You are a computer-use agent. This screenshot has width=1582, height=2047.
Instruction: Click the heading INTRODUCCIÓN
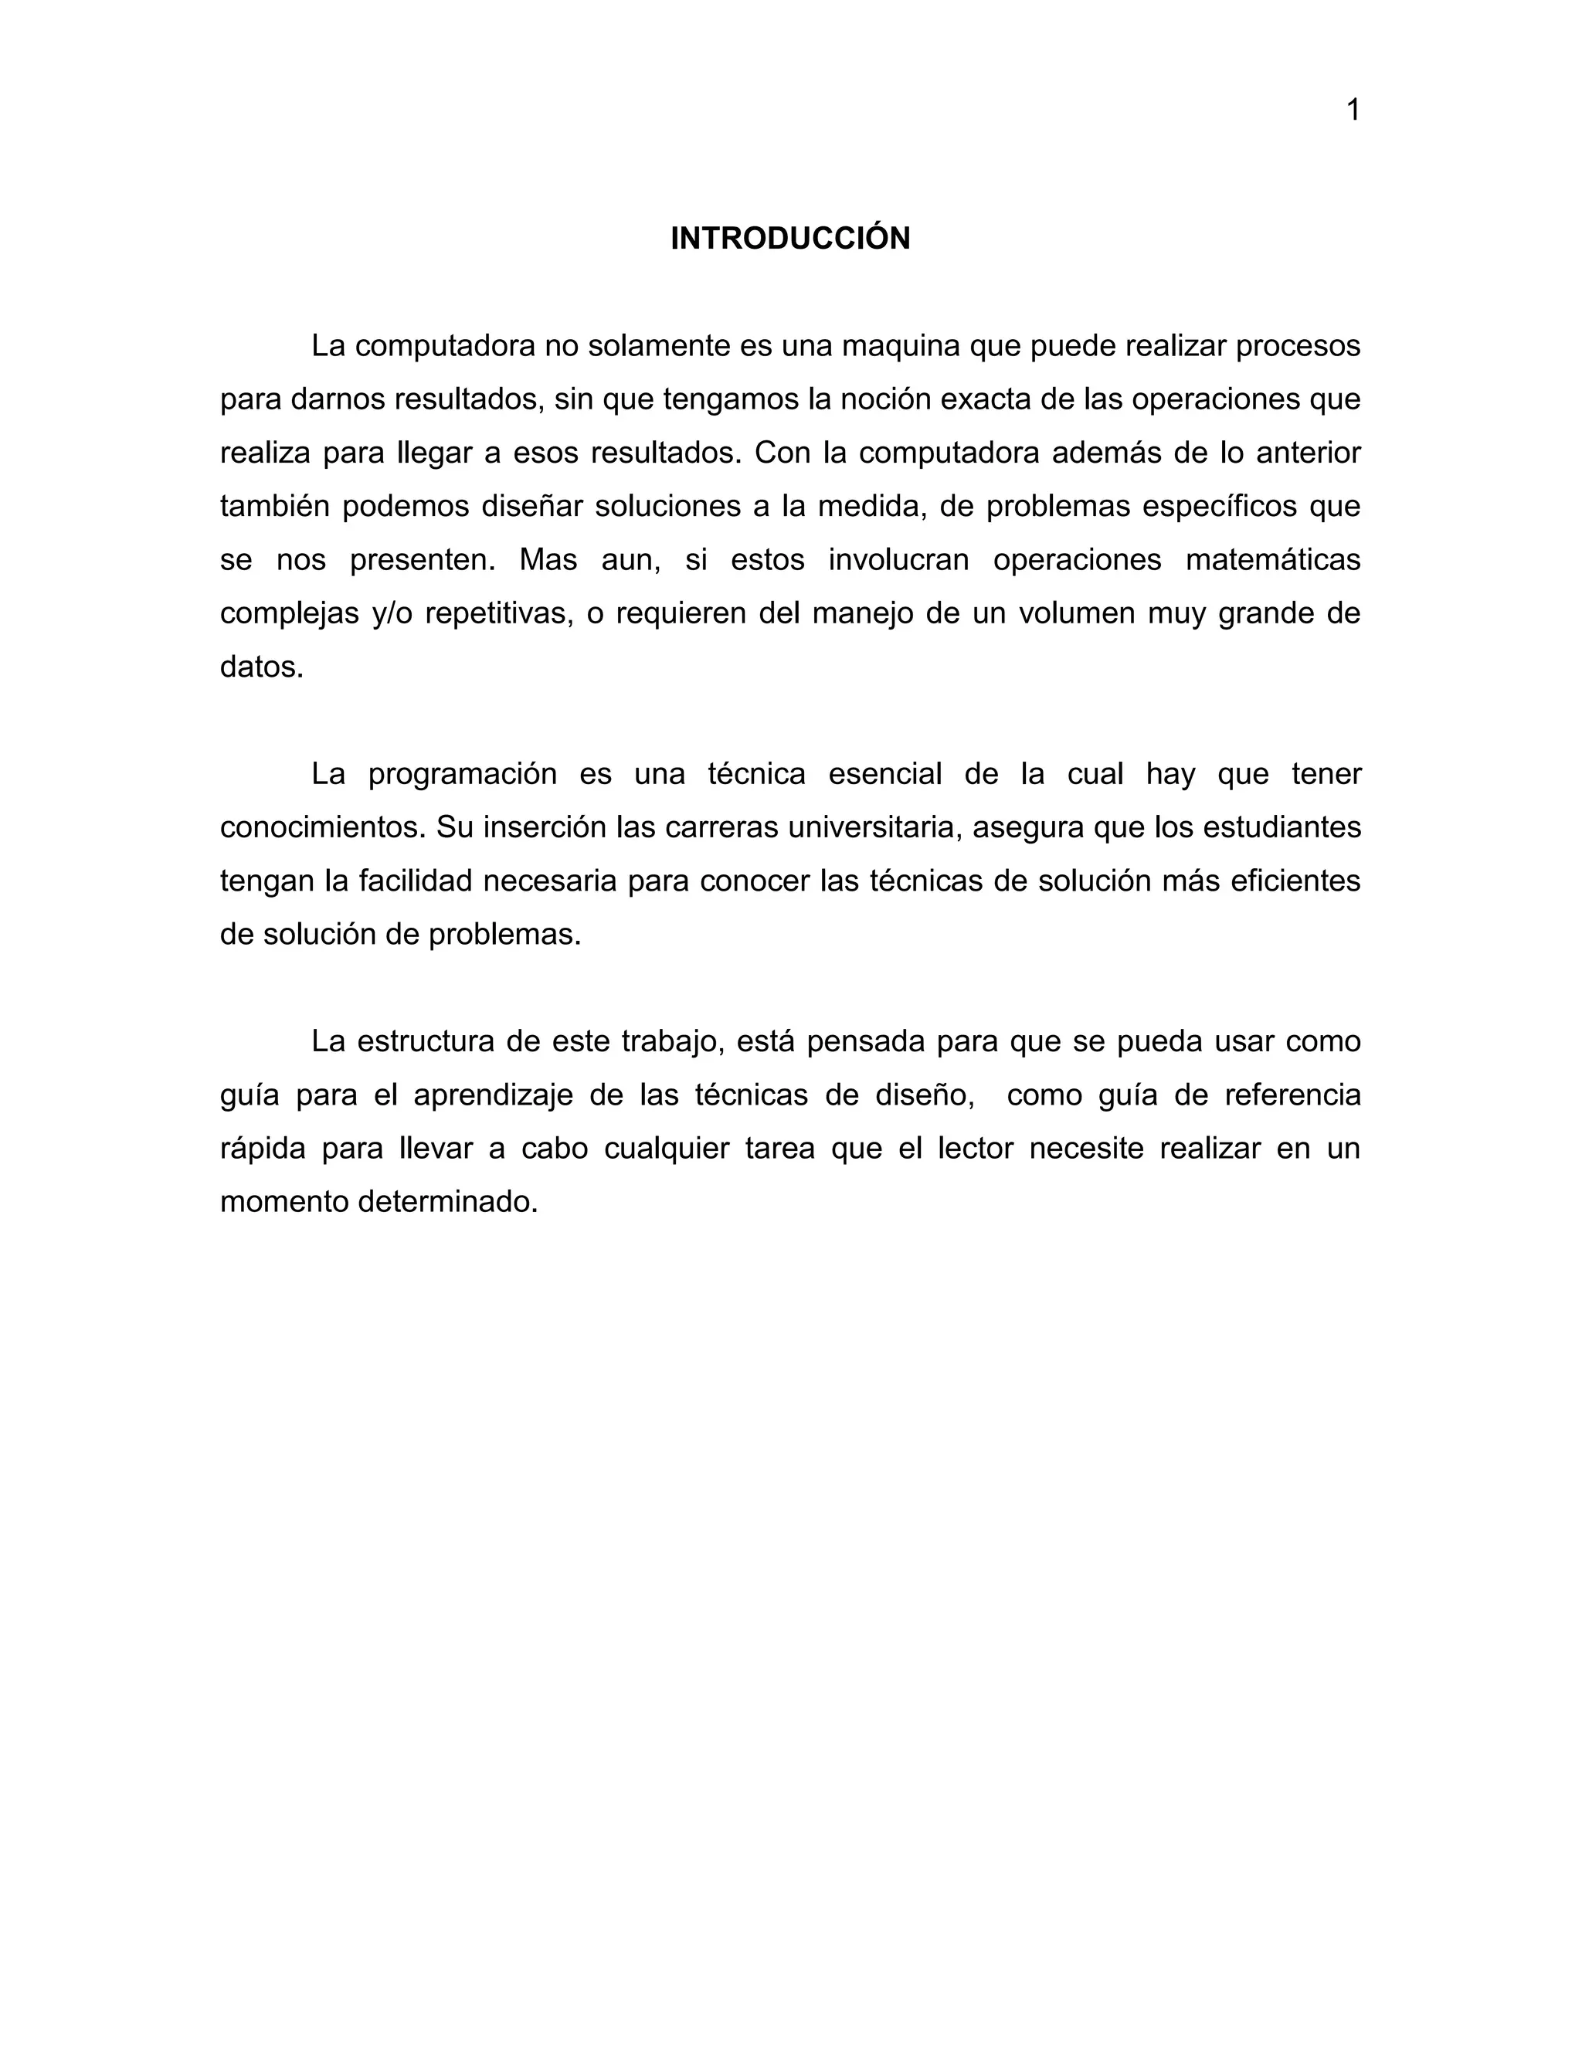[x=790, y=239]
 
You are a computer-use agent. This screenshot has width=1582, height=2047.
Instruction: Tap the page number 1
[x=1353, y=110]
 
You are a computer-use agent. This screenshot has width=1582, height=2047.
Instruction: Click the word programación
[x=462, y=774]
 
